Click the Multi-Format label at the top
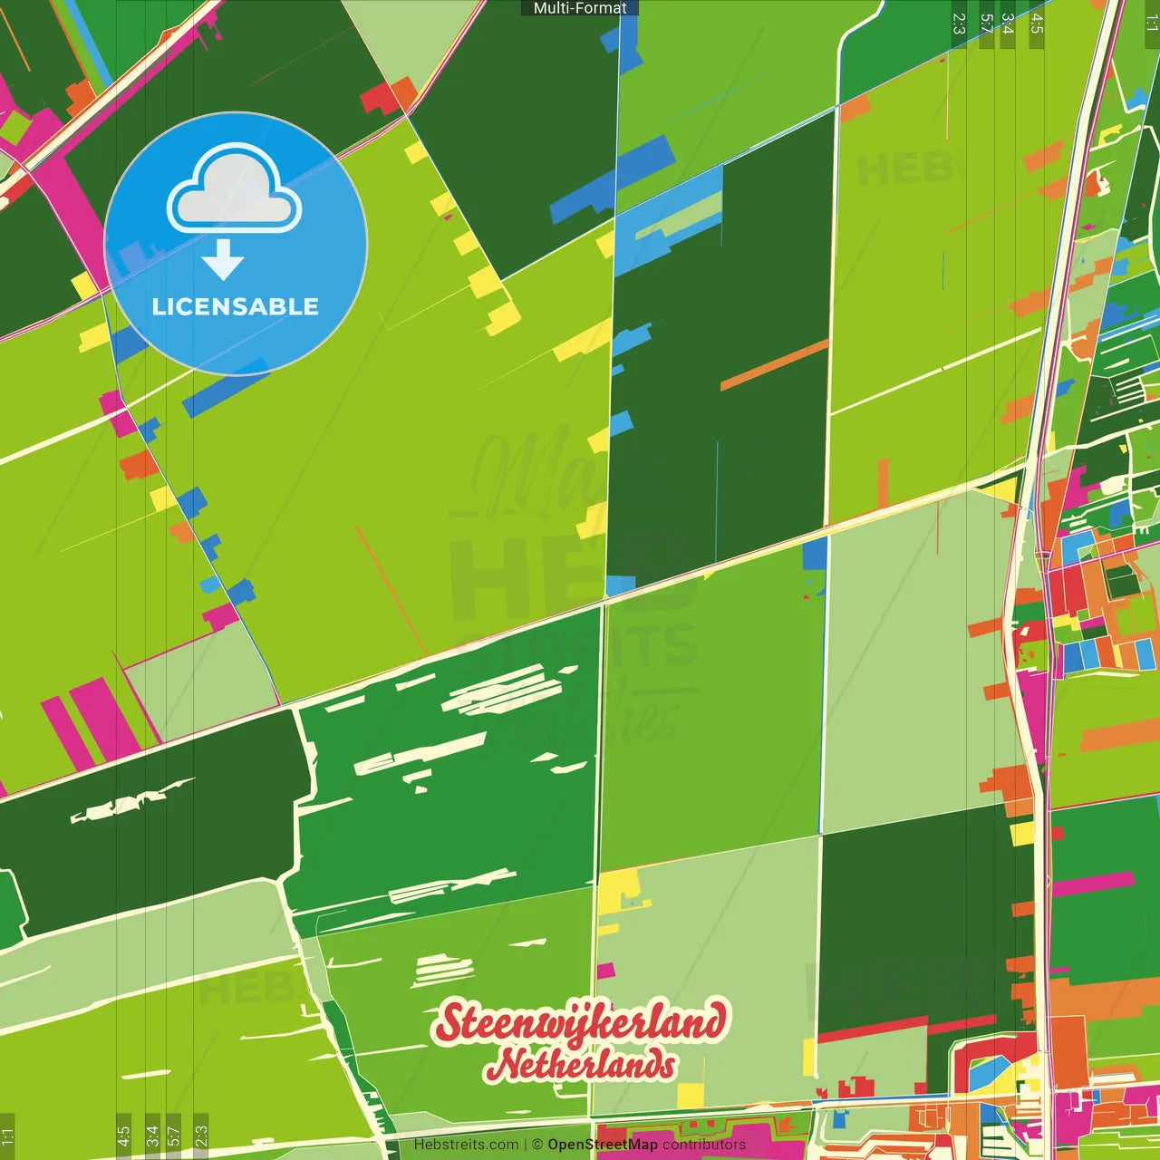tap(580, 8)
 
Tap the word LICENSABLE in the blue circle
tap(236, 306)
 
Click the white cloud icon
tap(235, 192)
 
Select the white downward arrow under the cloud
tap(223, 260)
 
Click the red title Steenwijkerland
tap(580, 1023)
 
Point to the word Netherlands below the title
tap(580, 1065)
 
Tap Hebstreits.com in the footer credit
tap(466, 1145)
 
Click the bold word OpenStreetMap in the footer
tap(603, 1145)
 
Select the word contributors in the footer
tap(704, 1145)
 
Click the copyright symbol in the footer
tap(537, 1145)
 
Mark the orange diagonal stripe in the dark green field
tap(774, 364)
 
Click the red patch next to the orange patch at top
tap(376, 97)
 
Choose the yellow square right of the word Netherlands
tap(691, 1096)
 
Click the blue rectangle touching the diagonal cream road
tap(815, 554)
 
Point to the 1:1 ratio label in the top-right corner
tap(1151, 24)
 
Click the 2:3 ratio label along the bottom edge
tap(201, 1135)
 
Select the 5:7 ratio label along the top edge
tap(986, 24)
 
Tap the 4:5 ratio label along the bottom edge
tap(123, 1135)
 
